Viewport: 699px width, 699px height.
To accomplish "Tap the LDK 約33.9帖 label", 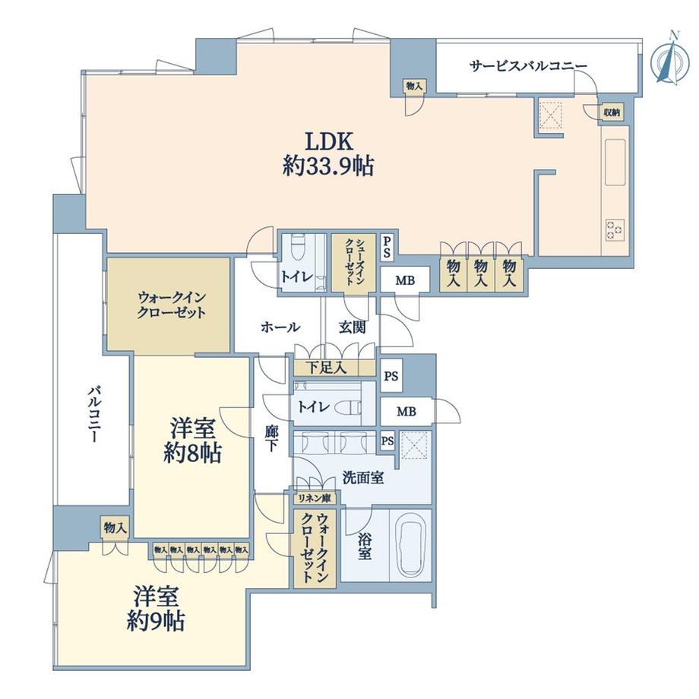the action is (328, 153).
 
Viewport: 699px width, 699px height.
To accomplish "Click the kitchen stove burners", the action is (613, 227).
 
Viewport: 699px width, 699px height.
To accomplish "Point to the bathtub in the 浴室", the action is (410, 543).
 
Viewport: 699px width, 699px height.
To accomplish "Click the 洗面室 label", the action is (362, 479).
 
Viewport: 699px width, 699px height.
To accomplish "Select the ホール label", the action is (280, 327).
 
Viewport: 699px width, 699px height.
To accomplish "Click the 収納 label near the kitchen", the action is (612, 112).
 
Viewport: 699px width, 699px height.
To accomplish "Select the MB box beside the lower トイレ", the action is (406, 413).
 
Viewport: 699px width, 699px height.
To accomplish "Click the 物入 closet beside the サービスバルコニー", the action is (413, 87).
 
